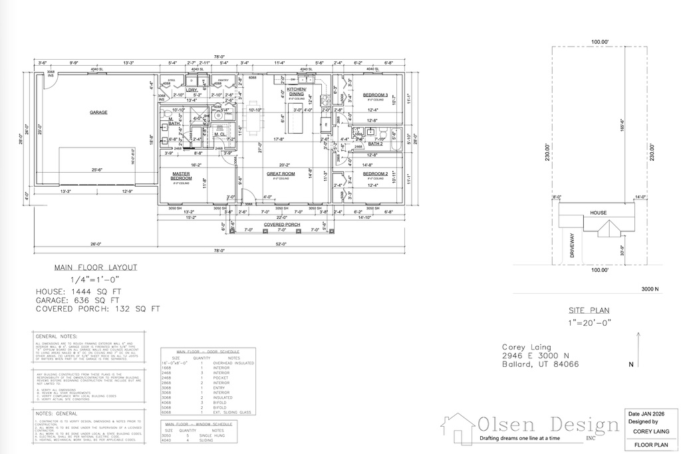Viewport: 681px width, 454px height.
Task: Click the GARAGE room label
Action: coord(98,112)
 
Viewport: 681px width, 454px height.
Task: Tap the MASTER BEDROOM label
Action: coord(182,175)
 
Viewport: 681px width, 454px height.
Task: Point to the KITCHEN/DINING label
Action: coord(296,91)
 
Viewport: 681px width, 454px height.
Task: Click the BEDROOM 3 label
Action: coord(375,95)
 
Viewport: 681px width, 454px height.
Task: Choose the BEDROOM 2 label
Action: coord(375,173)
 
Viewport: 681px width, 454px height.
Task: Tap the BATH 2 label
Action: coord(376,144)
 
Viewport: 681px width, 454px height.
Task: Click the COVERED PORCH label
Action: coord(282,225)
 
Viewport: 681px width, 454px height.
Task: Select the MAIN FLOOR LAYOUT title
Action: coord(96,268)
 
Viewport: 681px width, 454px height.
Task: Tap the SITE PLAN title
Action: coord(589,310)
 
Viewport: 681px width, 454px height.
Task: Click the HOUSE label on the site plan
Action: coord(598,213)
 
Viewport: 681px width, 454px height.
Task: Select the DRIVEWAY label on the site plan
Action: coord(571,245)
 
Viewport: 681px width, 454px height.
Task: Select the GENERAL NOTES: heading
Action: coord(56,337)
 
